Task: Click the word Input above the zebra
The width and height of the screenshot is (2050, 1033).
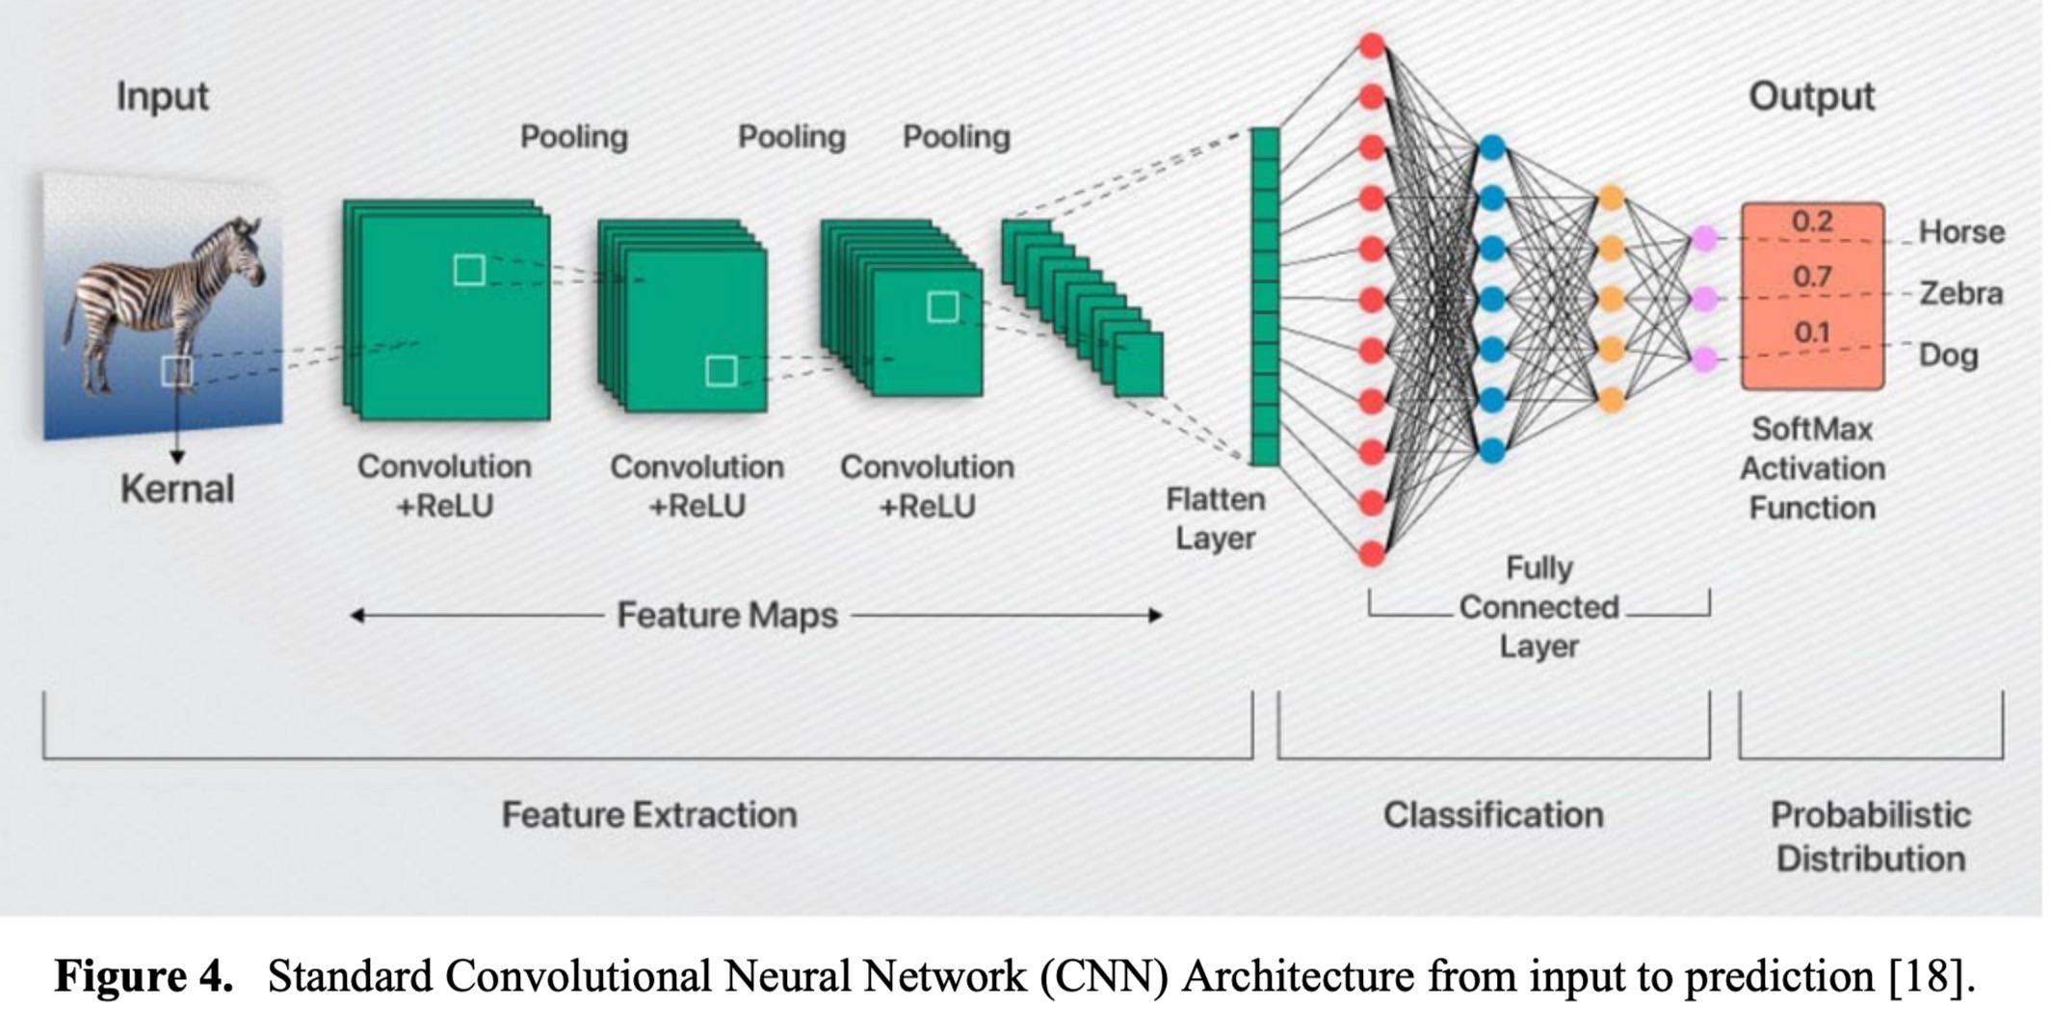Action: (162, 97)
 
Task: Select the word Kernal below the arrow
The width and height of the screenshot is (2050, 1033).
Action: (177, 489)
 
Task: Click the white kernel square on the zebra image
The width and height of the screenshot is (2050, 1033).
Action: (176, 370)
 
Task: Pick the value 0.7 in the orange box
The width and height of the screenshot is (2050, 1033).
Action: (1811, 278)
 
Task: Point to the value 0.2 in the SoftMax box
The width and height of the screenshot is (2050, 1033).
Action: (1811, 222)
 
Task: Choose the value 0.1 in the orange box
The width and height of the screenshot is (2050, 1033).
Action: (1811, 332)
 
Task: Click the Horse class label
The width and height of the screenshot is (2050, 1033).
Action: (1961, 232)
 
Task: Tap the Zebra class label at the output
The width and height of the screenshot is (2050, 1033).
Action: (1961, 293)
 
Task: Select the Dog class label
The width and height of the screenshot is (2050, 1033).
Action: (1948, 355)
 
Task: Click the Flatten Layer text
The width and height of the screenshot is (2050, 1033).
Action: (1215, 518)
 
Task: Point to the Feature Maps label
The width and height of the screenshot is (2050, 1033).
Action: (727, 615)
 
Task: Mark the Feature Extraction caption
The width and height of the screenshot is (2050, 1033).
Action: (649, 815)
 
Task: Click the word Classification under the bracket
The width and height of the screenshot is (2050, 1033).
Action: (1493, 815)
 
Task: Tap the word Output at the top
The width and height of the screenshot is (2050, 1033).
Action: (1811, 97)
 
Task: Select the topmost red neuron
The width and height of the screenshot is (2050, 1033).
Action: (1372, 45)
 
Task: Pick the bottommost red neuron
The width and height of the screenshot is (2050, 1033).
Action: (1372, 554)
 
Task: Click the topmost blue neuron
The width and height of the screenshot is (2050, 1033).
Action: (1491, 148)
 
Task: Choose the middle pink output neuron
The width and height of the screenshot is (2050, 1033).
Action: (1704, 298)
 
